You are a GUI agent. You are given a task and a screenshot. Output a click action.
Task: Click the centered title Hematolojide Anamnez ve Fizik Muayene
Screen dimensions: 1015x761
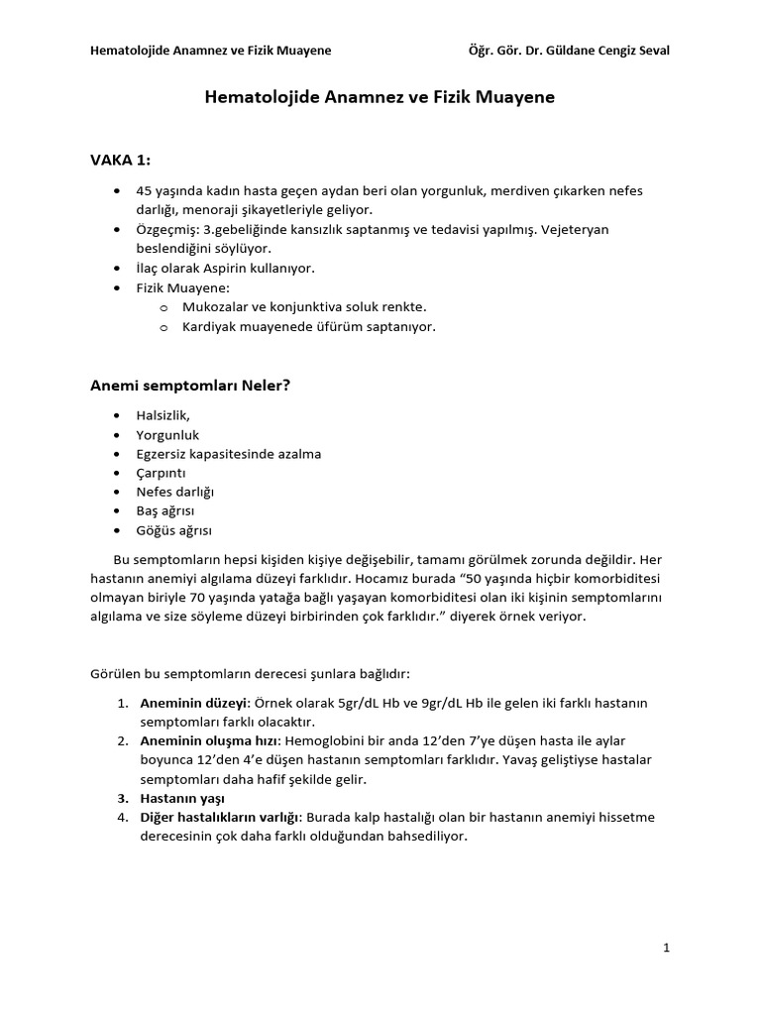coord(380,97)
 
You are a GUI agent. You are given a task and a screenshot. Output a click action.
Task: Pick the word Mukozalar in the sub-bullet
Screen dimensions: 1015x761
coord(213,307)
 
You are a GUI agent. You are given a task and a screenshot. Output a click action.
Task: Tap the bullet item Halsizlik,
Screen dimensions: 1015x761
coord(163,415)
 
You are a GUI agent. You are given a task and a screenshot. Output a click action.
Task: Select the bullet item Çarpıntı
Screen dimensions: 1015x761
coord(161,473)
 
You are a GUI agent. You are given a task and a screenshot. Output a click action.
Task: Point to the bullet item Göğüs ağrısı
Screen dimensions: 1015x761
coord(173,530)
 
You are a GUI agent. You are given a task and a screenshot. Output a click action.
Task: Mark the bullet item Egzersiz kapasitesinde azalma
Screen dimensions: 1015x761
coord(229,454)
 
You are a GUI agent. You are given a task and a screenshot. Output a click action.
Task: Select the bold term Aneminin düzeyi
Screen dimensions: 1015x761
coord(194,703)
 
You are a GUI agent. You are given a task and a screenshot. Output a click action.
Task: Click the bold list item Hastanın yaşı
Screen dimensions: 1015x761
coord(182,798)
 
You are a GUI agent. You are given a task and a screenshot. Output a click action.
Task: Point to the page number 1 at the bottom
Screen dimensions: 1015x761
coord(667,948)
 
